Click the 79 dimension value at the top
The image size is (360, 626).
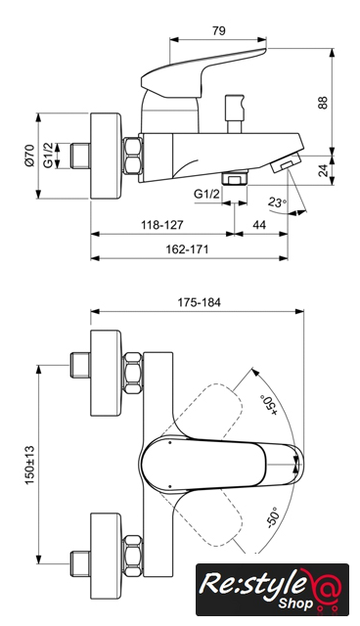(219, 30)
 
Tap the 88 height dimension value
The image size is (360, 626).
(323, 102)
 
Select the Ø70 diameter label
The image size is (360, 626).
(29, 156)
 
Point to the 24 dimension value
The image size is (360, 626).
(324, 170)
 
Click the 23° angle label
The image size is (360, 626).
(277, 202)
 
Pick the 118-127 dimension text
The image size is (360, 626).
(162, 225)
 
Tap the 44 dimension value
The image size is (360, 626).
(259, 225)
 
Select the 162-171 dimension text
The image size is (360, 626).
(187, 249)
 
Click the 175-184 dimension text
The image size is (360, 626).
(199, 302)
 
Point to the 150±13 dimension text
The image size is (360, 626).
(30, 466)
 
